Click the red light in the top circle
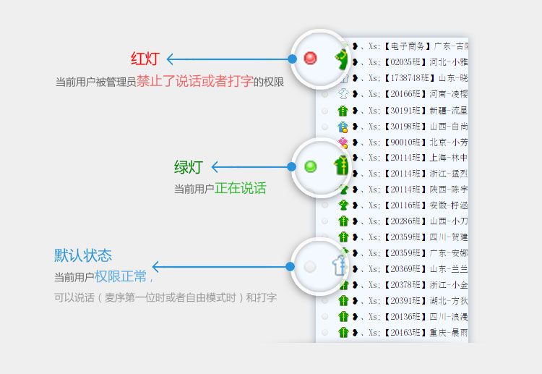(311, 58)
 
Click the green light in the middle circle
(311, 167)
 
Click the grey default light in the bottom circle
(310, 267)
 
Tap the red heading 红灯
(145, 59)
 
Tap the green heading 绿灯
(188, 168)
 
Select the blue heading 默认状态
(83, 255)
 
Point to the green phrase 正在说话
(240, 189)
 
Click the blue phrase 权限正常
(120, 276)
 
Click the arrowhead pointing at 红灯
(171, 59)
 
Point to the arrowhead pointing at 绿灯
(215, 167)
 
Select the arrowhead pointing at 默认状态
(155, 267)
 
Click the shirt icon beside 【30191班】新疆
(343, 111)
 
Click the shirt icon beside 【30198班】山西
(343, 127)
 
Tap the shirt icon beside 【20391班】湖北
(343, 300)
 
